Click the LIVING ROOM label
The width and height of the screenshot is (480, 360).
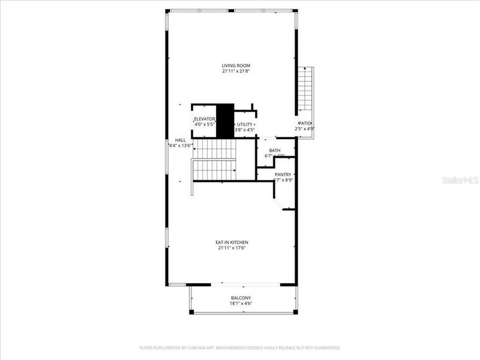[x=236, y=65]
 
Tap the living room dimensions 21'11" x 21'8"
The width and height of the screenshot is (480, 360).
[x=236, y=71]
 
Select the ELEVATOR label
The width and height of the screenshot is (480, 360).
[x=205, y=119]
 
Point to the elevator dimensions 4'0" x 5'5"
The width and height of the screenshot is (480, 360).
[x=205, y=124]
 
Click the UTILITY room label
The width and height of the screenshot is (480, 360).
[x=244, y=124]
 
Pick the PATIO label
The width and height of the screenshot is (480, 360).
[x=305, y=123]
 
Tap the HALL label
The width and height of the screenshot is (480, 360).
[x=180, y=139]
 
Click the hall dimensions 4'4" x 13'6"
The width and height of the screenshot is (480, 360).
[x=180, y=145]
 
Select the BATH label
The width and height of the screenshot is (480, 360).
[x=275, y=151]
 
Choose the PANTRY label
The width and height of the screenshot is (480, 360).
[x=283, y=174]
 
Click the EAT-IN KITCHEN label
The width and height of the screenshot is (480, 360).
[x=232, y=242]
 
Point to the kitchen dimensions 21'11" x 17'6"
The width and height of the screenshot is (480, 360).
[x=232, y=248]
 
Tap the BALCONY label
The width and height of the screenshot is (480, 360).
[x=241, y=298]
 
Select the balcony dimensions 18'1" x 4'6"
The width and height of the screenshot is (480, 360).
[x=241, y=304]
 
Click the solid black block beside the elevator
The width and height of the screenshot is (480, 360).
[x=224, y=120]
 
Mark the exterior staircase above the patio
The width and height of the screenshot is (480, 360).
[x=306, y=87]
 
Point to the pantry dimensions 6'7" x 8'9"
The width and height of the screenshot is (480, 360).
[x=283, y=179]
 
